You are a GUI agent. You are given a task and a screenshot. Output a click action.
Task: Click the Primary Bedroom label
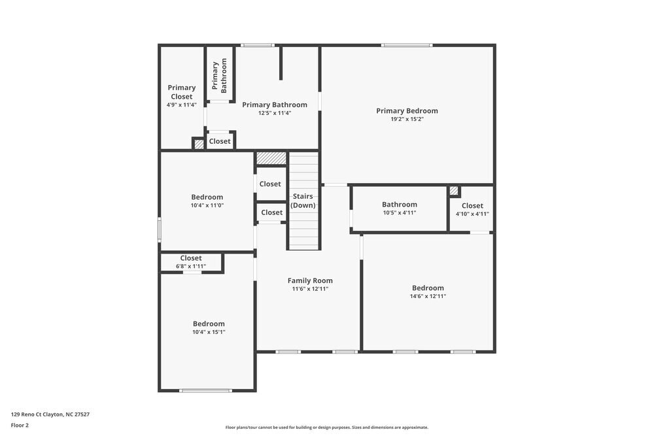coord(407,111)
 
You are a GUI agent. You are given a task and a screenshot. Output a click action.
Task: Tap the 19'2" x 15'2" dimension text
coord(407,119)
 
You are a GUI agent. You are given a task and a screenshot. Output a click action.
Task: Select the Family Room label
coord(310,280)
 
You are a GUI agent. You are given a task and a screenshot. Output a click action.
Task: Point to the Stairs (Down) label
coord(303,201)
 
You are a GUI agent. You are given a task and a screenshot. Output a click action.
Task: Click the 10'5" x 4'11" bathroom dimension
coord(399,212)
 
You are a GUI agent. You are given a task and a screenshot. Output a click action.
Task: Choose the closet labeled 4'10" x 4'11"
coord(472,210)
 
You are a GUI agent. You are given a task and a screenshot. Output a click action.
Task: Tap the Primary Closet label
coord(181,92)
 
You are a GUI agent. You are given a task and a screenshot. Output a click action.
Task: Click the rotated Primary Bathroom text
coord(219,76)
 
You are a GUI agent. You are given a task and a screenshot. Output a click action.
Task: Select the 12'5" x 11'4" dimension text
coord(275,113)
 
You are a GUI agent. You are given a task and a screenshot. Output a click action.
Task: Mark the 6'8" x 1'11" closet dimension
coord(191,266)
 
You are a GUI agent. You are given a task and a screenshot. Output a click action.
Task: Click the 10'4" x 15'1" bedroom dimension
coord(209,332)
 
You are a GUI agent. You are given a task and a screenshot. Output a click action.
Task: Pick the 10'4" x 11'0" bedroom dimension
coord(207,205)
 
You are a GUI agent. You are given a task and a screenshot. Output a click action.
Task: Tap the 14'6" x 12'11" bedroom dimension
coord(428,296)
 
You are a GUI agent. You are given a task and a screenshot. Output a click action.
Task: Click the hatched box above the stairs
coord(271,158)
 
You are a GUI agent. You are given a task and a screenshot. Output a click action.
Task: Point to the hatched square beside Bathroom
coord(454,191)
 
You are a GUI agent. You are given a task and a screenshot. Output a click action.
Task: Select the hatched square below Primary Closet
coord(199,144)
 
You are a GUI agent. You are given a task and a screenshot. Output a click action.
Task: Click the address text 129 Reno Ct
coord(50,414)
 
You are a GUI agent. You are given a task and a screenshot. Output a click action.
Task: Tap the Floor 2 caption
coord(20,425)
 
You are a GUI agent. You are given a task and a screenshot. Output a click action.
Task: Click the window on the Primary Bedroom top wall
coord(407,45)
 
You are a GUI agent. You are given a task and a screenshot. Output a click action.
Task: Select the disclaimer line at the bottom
coord(327,428)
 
